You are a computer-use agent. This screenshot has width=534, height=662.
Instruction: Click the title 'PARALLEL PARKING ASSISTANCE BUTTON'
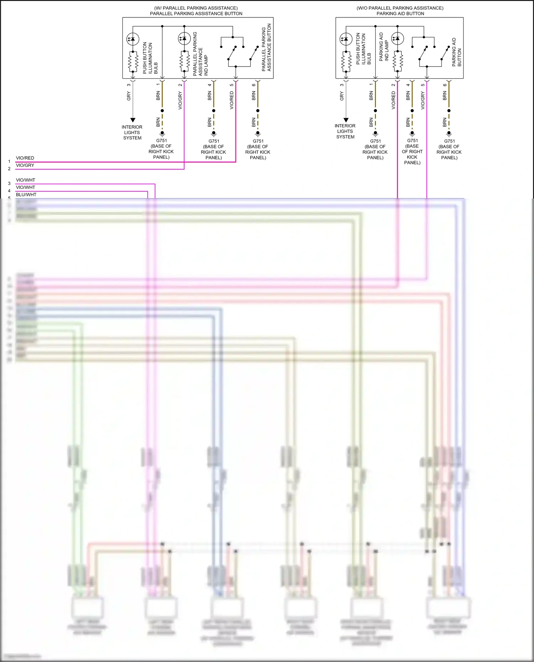(196, 14)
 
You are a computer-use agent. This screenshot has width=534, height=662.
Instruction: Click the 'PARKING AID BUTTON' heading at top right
(400, 14)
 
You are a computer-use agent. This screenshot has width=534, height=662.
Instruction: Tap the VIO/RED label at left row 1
(25, 158)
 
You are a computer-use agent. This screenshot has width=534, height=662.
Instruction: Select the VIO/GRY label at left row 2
(25, 165)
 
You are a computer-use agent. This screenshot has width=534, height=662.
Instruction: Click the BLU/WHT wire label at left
(26, 195)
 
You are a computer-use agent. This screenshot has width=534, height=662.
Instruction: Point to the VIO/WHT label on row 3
(26, 180)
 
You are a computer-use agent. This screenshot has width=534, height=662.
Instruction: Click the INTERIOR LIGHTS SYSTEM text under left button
(132, 132)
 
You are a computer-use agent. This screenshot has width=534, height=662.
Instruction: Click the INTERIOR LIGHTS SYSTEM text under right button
(345, 131)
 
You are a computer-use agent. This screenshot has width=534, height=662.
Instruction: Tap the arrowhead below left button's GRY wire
(132, 120)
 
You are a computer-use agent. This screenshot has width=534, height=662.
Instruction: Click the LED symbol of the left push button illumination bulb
(132, 39)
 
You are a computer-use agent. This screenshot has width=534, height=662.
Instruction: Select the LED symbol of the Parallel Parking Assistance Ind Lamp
(184, 38)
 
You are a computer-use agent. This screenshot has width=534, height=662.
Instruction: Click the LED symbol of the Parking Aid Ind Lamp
(397, 38)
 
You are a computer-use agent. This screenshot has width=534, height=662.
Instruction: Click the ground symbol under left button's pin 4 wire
(214, 134)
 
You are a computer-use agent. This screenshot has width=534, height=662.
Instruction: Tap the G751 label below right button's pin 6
(449, 141)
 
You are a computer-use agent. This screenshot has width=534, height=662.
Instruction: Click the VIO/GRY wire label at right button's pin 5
(423, 100)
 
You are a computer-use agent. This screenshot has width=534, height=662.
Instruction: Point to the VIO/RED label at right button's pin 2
(393, 100)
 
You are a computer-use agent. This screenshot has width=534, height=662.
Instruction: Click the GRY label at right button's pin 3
(341, 96)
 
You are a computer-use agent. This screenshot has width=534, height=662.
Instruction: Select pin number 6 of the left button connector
(253, 85)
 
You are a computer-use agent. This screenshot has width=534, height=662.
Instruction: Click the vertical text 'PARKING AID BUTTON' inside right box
(456, 52)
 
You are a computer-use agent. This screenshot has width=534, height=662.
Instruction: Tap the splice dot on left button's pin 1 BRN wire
(162, 111)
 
